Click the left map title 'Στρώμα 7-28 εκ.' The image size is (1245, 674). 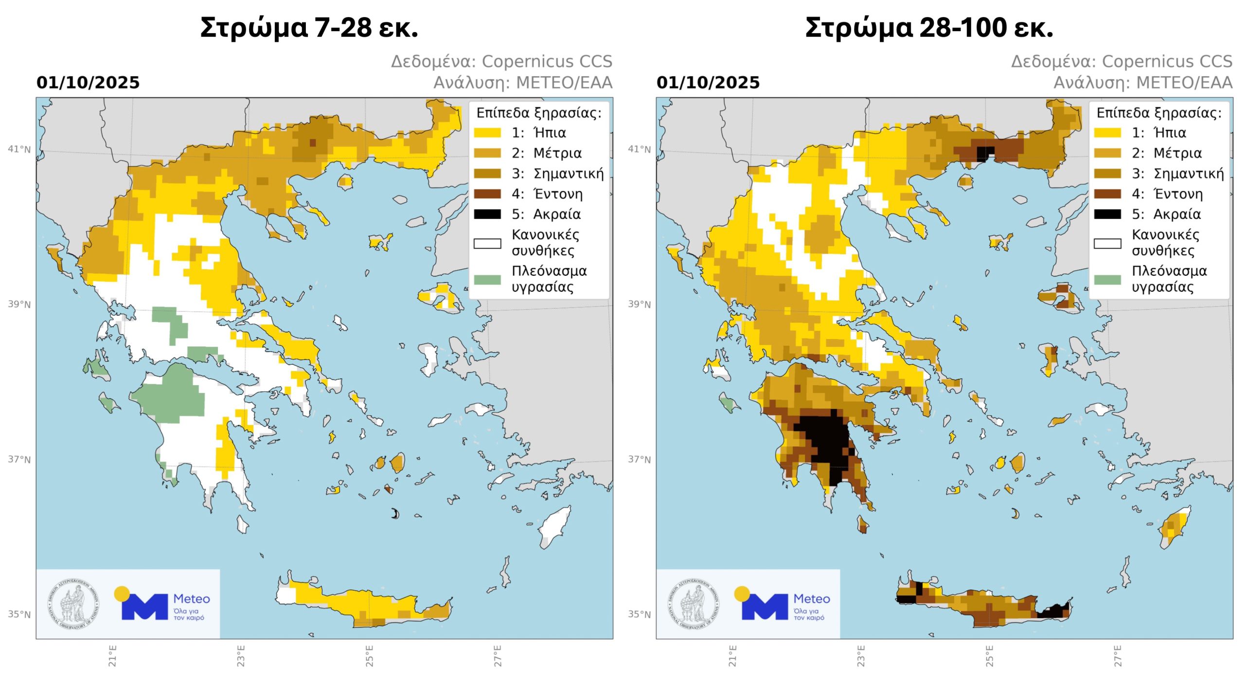309,28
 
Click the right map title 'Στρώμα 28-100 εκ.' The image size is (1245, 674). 928,28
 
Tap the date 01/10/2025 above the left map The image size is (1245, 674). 88,83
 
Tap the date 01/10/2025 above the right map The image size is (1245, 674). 708,83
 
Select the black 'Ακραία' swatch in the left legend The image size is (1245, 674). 487,214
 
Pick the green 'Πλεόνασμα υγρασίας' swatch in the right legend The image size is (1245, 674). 1107,279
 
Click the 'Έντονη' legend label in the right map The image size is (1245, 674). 1178,194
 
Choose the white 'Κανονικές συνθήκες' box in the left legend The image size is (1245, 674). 487,243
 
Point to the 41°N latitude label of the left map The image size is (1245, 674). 19,149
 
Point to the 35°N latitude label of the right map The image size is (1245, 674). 639,614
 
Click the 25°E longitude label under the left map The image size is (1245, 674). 370,656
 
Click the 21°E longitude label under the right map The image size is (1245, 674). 733,656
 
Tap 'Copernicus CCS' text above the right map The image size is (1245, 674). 1167,62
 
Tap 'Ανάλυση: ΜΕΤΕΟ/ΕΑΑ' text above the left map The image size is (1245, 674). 523,83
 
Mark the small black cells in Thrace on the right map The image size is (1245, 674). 985,152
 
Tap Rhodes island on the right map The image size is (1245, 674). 1176,528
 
